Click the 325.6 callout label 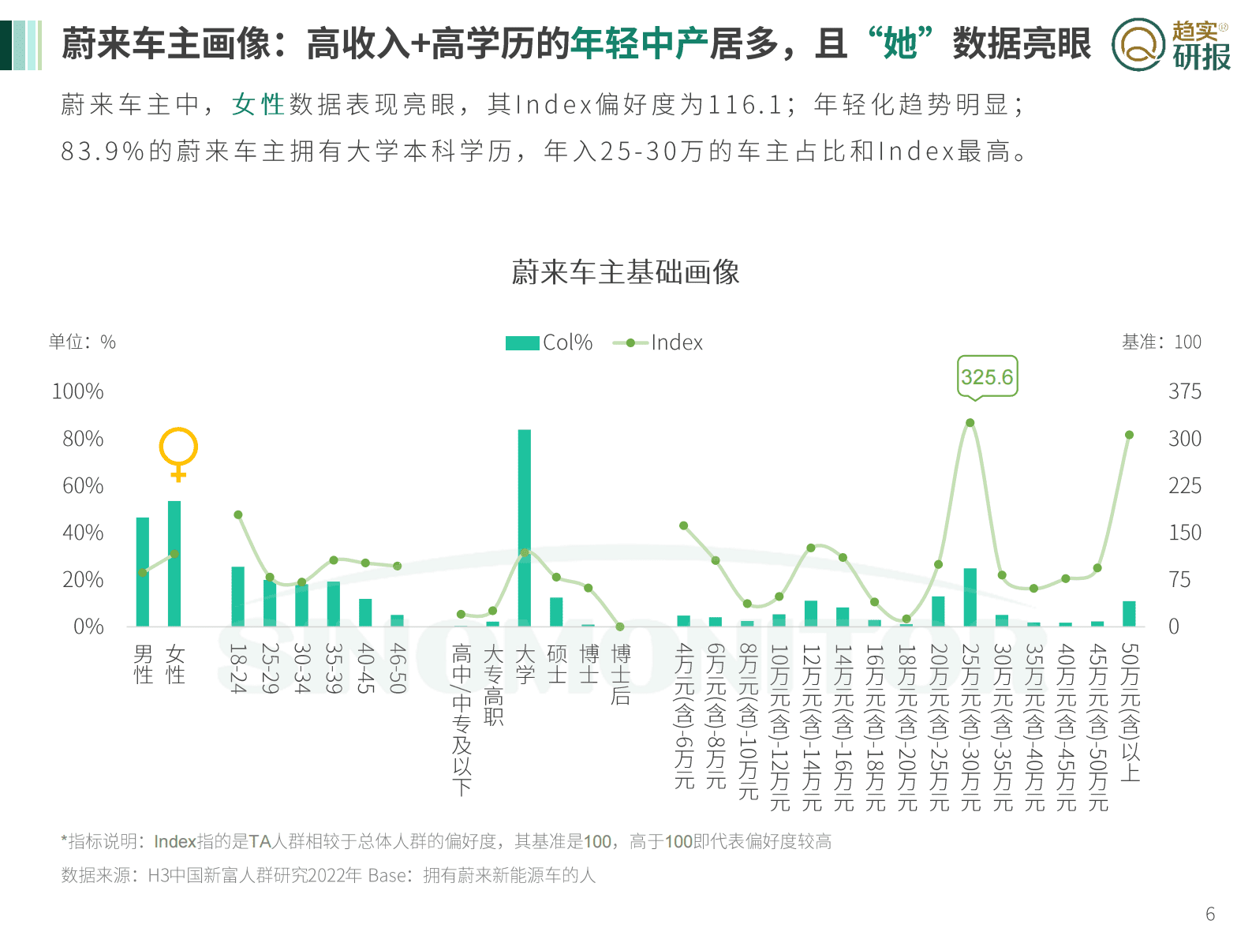(987, 377)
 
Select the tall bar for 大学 (525, 529)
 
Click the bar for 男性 (143, 572)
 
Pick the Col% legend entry (549, 342)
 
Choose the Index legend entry (658, 342)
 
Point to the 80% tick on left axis (83, 439)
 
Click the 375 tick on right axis (1184, 391)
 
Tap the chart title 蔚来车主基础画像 (626, 272)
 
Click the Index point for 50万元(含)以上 (1129, 435)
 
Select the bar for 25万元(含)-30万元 (970, 597)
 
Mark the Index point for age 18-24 (238, 514)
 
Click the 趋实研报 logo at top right (1171, 44)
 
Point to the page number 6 (1210, 914)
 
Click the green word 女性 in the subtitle (258, 104)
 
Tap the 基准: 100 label (1161, 342)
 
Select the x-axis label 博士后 (621, 674)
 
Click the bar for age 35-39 (334, 604)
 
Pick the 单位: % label (82, 342)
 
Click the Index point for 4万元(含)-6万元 (683, 526)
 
